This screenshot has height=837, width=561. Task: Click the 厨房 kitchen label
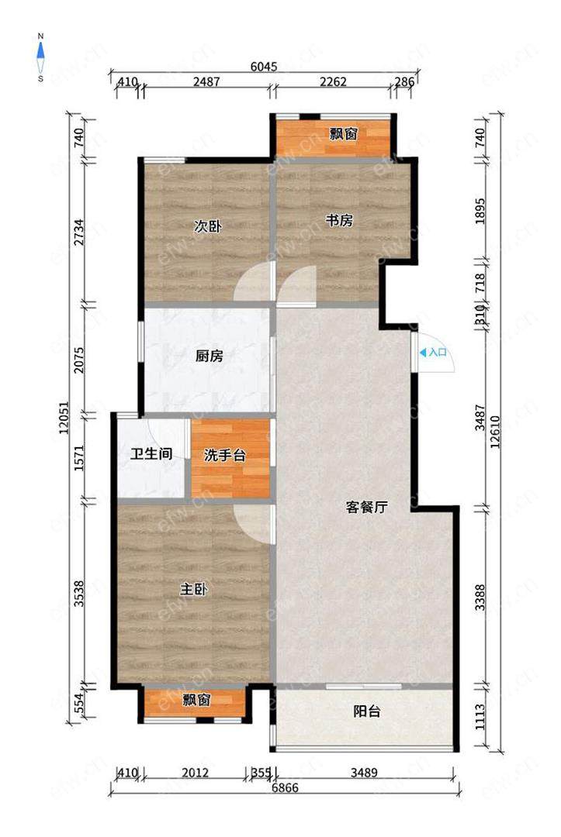[x=209, y=356]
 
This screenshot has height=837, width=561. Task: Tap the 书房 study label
[x=340, y=220]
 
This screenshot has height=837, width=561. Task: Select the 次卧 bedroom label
[x=207, y=227]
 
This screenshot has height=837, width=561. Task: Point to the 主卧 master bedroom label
[x=193, y=590]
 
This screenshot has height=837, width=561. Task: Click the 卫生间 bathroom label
[x=152, y=454]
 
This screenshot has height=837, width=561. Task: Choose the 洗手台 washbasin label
[x=225, y=456]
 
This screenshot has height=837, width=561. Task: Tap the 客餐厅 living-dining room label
[x=366, y=508]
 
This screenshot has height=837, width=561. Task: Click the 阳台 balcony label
[x=367, y=711]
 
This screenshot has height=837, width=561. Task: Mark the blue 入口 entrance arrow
[x=423, y=353]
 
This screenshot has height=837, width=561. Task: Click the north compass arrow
[x=40, y=50]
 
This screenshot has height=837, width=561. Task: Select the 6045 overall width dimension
[x=264, y=67]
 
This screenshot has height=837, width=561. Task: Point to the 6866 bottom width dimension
[x=285, y=788]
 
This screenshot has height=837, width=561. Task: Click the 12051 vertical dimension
[x=64, y=418]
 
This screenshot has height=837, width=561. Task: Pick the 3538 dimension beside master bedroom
[x=79, y=594]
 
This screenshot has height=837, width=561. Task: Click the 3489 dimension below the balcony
[x=365, y=773]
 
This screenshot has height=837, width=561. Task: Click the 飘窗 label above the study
[x=343, y=134]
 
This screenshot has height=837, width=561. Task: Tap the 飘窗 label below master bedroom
[x=196, y=700]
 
